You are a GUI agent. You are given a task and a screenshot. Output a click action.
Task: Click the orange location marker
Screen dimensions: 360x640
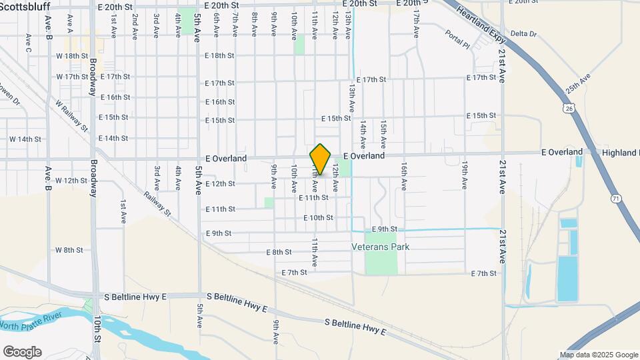point(321,159)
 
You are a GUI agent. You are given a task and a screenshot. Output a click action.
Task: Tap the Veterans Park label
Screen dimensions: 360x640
point(381,247)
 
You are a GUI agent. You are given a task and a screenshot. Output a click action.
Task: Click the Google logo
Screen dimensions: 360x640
point(22,351)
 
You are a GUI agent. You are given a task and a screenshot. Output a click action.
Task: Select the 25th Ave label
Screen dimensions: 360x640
point(578,84)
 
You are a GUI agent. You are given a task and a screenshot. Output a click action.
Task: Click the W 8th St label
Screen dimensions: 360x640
point(69,250)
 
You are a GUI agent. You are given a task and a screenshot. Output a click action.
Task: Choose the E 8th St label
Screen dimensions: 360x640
point(279,252)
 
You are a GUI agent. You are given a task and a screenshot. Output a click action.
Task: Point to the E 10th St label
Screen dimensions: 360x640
point(317,218)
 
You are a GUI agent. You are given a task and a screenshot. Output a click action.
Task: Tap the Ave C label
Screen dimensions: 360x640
point(28,43)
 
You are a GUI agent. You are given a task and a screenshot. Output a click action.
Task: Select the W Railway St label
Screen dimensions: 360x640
point(72,114)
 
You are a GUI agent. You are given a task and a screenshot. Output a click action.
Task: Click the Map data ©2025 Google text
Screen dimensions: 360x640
point(599,355)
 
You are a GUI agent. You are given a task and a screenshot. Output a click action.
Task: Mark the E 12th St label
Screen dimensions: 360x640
point(221,183)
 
